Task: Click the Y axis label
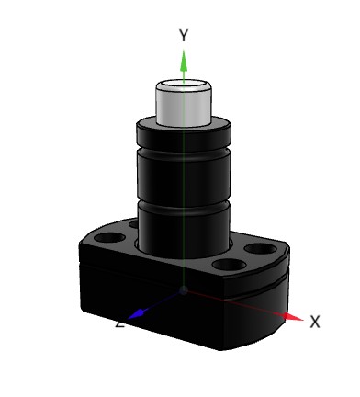[x=184, y=35]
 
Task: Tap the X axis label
[x=315, y=322]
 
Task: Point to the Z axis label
[x=120, y=324]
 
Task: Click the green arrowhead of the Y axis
[x=184, y=61]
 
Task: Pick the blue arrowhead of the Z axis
[x=137, y=314]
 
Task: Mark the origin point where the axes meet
[x=184, y=290]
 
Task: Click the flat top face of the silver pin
[x=184, y=84]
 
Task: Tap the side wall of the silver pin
[x=184, y=108]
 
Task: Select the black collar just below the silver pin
[x=184, y=135]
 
